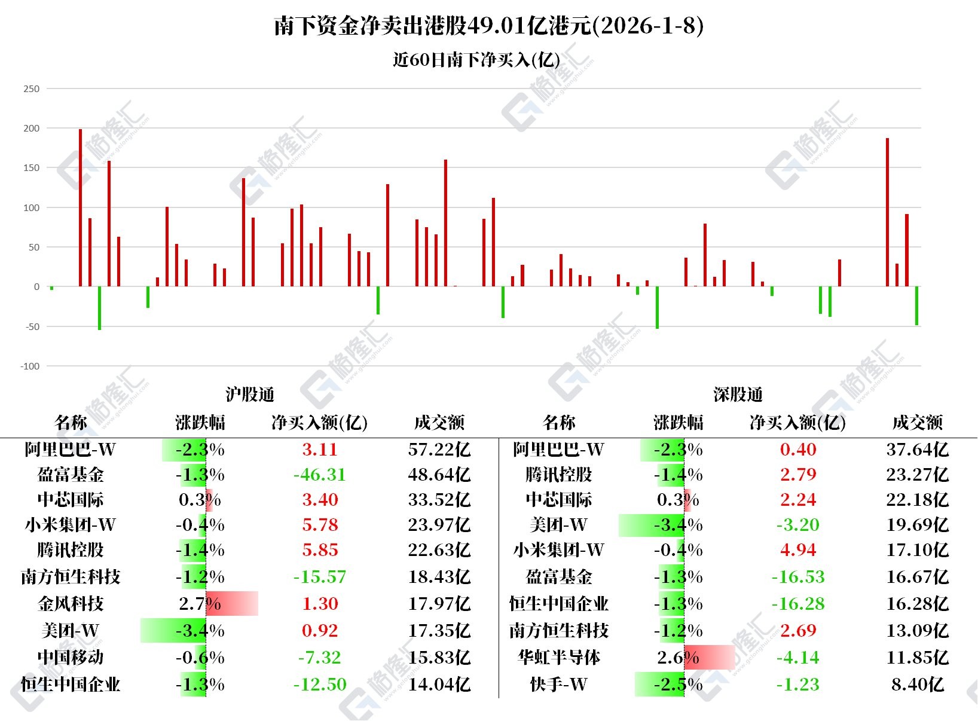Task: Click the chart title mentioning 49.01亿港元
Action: [x=488, y=26]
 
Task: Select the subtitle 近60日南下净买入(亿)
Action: [x=476, y=60]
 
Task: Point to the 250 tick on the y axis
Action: [x=31, y=89]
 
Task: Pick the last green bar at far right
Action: [x=916, y=306]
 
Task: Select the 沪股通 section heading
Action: [x=250, y=395]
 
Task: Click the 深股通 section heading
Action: [x=738, y=395]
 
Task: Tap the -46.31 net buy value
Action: [x=320, y=475]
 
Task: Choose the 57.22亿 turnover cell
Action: [x=439, y=450]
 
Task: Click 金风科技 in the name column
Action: [x=71, y=604]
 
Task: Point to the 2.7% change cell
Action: [x=200, y=604]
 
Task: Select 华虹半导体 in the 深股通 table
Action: [x=559, y=658]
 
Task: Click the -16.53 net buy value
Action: [x=798, y=577]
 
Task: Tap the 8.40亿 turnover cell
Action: [x=918, y=685]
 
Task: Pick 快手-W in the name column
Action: [x=559, y=685]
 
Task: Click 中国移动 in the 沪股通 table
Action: [x=71, y=658]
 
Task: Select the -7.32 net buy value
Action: [x=320, y=658]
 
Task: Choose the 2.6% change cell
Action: [x=679, y=658]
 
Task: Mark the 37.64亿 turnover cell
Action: [x=918, y=450]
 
